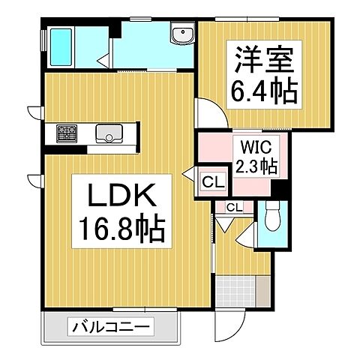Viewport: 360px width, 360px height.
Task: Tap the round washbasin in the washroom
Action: pos(179,35)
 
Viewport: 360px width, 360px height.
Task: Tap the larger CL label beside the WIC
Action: pos(211,181)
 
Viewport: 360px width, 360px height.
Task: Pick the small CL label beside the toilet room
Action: pos(233,207)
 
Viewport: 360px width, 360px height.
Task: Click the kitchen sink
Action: pos(109,134)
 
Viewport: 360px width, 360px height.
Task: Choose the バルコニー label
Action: pos(112,327)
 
